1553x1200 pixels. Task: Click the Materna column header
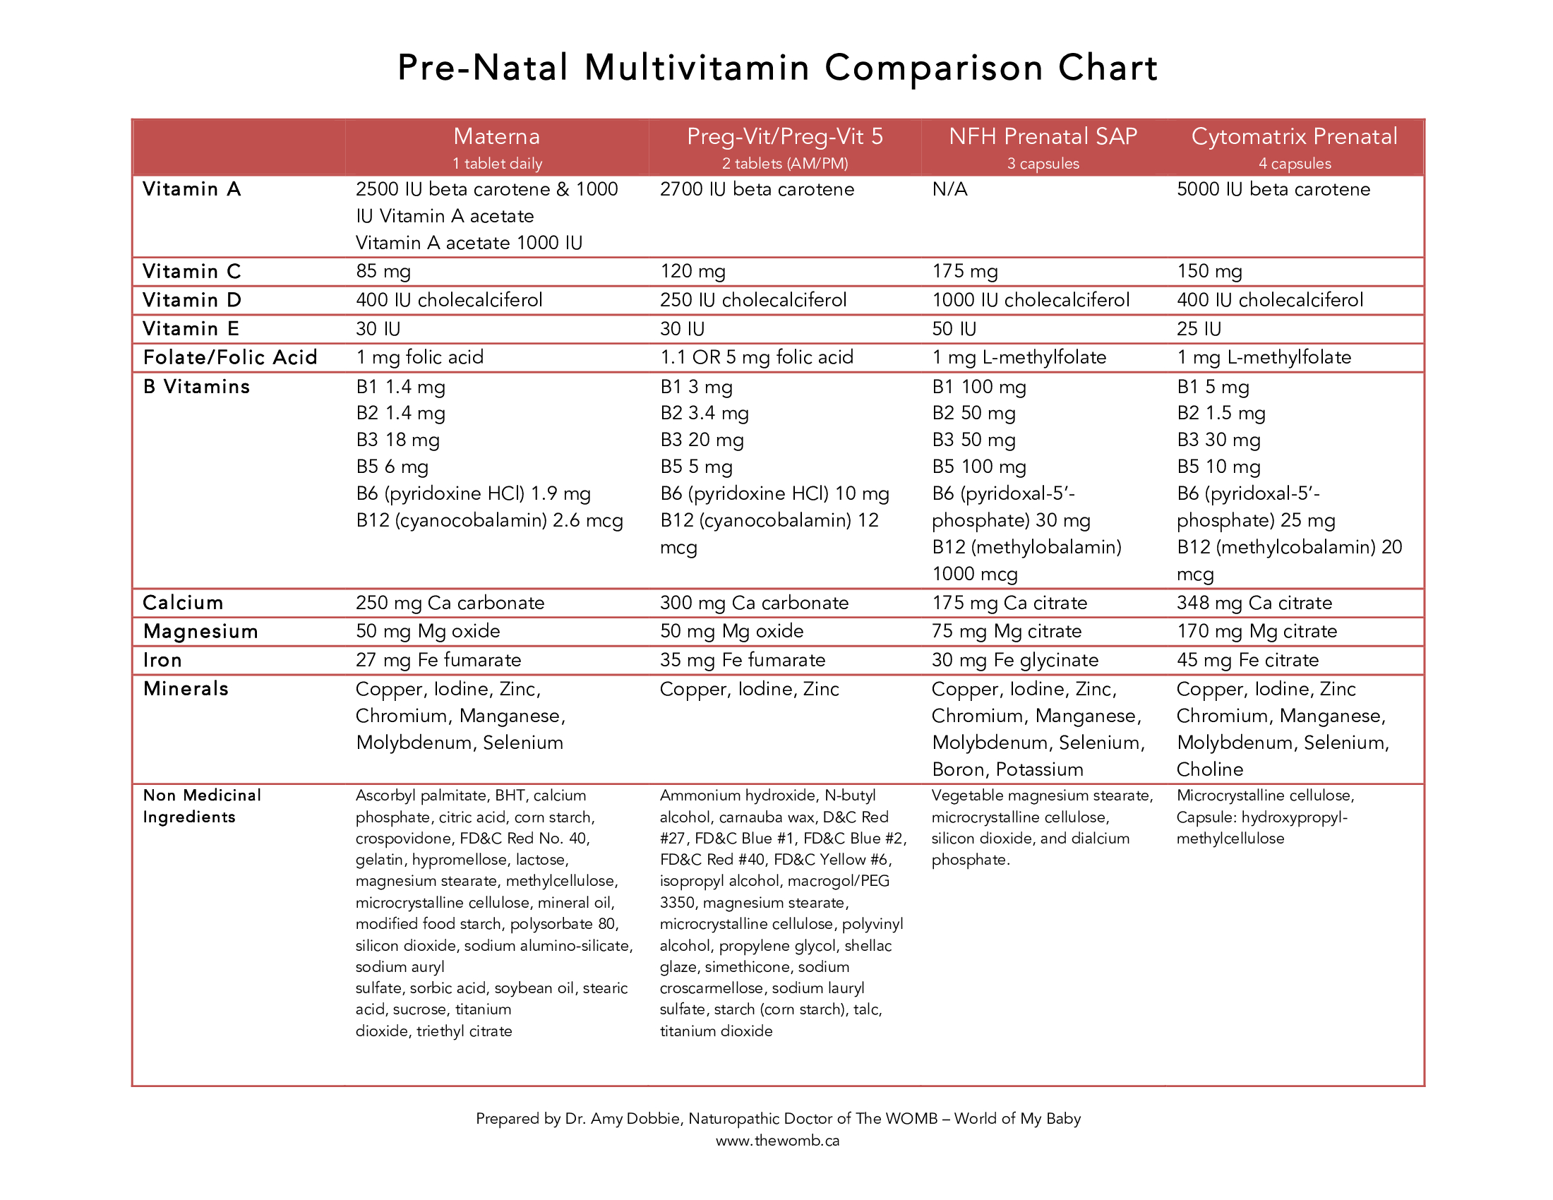[x=496, y=136]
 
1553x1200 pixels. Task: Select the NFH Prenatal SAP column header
[x=1043, y=136]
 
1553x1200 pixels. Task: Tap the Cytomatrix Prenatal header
[x=1293, y=136]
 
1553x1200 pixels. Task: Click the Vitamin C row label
[x=192, y=272]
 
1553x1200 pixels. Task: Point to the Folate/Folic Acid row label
[x=229, y=358]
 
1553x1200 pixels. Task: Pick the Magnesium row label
[x=200, y=631]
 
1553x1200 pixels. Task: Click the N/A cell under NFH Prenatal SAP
[x=949, y=189]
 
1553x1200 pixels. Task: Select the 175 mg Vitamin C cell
[x=965, y=272]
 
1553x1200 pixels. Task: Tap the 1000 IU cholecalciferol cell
[x=1031, y=300]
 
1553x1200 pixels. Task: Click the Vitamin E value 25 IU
[x=1199, y=329]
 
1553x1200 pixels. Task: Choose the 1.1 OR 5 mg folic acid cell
[x=757, y=358]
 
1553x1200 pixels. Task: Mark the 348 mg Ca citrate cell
[x=1254, y=603]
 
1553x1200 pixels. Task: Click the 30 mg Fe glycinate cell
[x=1014, y=661]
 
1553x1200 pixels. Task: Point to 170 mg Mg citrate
[x=1257, y=631]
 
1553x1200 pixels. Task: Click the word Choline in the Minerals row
[x=1209, y=769]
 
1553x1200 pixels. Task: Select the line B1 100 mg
[x=979, y=388]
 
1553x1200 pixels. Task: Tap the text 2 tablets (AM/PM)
[x=785, y=164]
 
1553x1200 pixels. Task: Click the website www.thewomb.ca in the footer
[x=777, y=1141]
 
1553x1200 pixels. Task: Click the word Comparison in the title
[x=934, y=68]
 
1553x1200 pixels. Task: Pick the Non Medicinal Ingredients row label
[x=201, y=806]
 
